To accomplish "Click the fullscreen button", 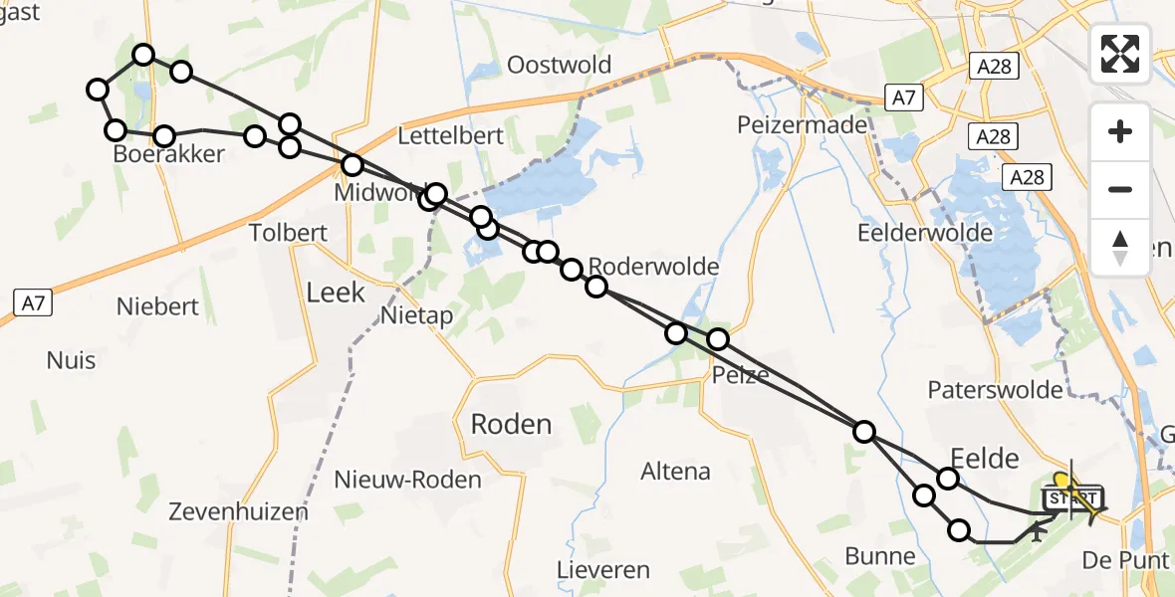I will (x=1120, y=54).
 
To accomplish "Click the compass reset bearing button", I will (x=1120, y=248).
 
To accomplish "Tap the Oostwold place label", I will (x=559, y=66).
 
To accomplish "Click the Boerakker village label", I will (x=168, y=154).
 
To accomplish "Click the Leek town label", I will (x=336, y=293).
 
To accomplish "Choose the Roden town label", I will (x=511, y=425).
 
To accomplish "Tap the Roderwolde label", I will (x=653, y=267).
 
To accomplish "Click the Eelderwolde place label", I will (x=925, y=233).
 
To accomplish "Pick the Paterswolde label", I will (x=995, y=389).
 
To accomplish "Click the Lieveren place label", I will (x=603, y=571).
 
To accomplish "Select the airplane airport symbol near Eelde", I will (x=1038, y=533).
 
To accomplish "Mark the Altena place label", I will (x=676, y=471).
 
